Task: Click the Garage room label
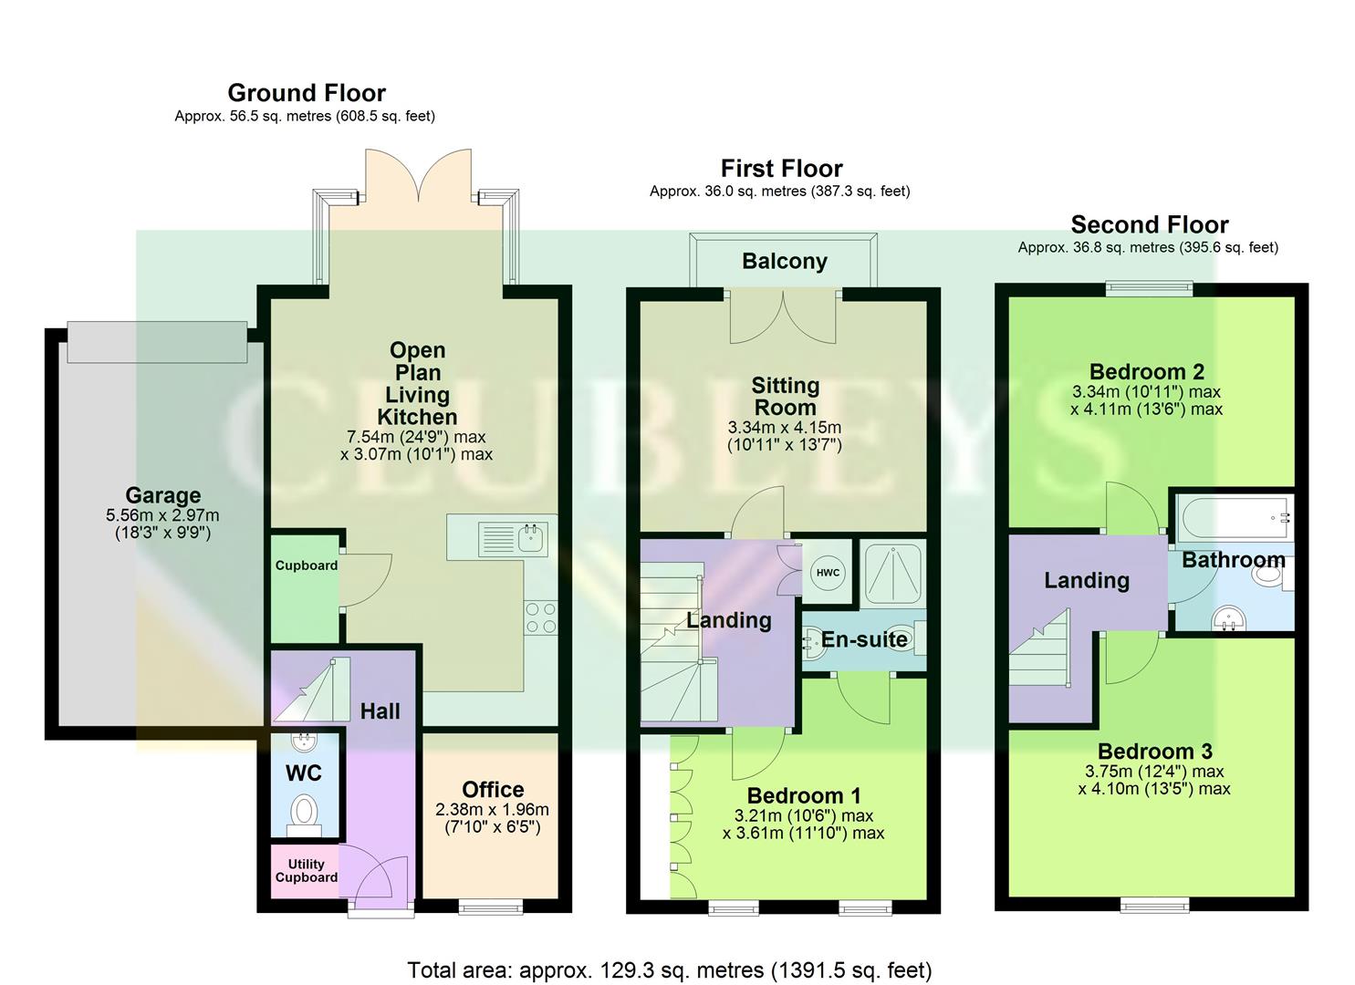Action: pyautogui.click(x=162, y=495)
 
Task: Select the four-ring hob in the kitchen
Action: pyautogui.click(x=541, y=617)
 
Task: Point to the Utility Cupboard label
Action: pyautogui.click(x=306, y=871)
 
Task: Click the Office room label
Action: pyautogui.click(x=493, y=790)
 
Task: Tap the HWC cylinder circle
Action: pyautogui.click(x=828, y=573)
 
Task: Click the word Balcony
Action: pyautogui.click(x=784, y=262)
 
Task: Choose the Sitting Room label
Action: pyautogui.click(x=785, y=397)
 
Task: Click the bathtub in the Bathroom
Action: pyautogui.click(x=1232, y=518)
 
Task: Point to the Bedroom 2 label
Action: pyautogui.click(x=1146, y=372)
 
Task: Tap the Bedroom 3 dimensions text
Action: pyautogui.click(x=1154, y=781)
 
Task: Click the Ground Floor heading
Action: pyautogui.click(x=306, y=93)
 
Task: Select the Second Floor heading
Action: pyautogui.click(x=1149, y=224)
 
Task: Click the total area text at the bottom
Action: pyautogui.click(x=669, y=969)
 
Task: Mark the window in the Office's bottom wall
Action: pyautogui.click(x=490, y=905)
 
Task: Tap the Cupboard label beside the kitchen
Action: pyautogui.click(x=306, y=565)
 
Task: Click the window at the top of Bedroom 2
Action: pyautogui.click(x=1150, y=289)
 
